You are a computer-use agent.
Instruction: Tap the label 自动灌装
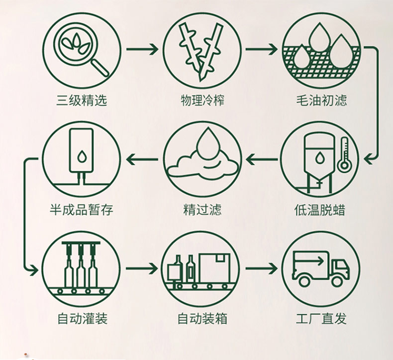82,318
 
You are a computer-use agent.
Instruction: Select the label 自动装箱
202,318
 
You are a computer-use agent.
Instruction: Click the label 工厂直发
321,318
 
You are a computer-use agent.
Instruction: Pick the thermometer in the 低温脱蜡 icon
344,155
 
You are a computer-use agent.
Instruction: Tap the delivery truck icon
320,269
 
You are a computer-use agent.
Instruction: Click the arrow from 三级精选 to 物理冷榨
142,49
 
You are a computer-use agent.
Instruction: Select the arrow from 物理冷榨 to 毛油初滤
261,49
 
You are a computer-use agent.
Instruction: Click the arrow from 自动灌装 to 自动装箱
142,269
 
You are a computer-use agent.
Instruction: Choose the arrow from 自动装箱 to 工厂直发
261,269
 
